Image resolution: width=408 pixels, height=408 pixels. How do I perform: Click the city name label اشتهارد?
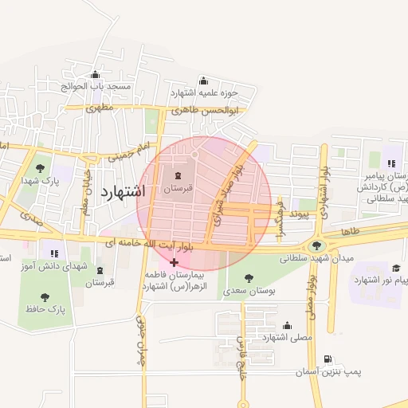(x=124, y=191)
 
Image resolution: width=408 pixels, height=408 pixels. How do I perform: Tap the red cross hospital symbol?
(x=175, y=262)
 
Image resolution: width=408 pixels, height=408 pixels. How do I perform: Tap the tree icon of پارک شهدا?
(x=40, y=167)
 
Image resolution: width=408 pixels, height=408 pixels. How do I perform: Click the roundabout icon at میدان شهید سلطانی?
(x=318, y=246)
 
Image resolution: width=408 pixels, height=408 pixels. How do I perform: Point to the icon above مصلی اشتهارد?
(x=287, y=325)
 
